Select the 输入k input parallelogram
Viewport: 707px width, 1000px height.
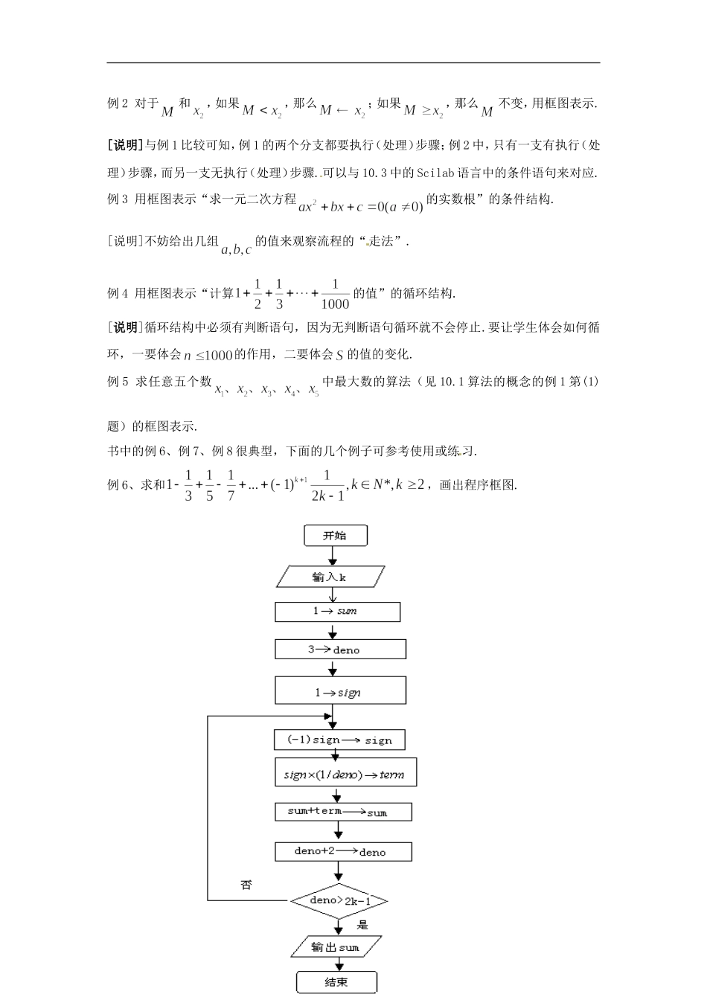coord(330,577)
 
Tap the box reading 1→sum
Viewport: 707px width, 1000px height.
coord(337,612)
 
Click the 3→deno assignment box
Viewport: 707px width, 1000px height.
coord(340,650)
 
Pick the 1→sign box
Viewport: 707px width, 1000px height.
coord(340,690)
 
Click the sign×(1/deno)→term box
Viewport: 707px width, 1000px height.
coord(345,774)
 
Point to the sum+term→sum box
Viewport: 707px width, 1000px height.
coord(342,812)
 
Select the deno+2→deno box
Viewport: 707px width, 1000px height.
coord(342,851)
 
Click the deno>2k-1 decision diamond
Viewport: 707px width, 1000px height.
coord(339,901)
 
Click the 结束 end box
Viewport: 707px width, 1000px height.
coord(336,982)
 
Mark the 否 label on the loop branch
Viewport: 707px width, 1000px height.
coord(246,885)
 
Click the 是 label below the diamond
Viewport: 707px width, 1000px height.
coord(362,925)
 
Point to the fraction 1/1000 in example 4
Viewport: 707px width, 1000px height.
coord(335,294)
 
